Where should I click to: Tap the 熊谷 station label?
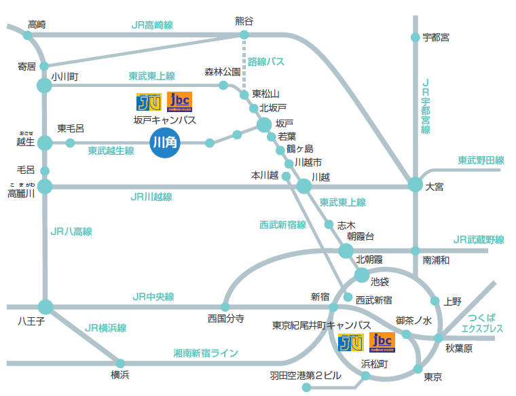tap(244, 21)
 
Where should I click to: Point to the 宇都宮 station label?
tap(435, 37)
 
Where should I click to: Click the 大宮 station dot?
tap(415, 185)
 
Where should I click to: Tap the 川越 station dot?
tap(304, 185)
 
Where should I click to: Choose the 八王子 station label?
tap(30, 322)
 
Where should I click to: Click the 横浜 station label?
tap(120, 375)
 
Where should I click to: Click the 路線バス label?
tap(265, 62)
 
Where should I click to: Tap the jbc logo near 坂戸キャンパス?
tap(179, 102)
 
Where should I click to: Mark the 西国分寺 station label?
tap(225, 319)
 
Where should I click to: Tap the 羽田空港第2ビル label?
tap(306, 376)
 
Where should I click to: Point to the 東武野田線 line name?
tap(480, 160)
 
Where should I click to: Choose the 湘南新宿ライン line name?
tap(205, 353)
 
